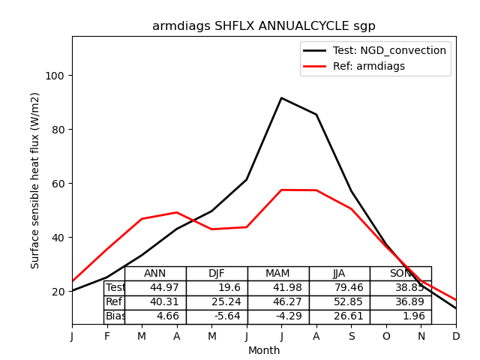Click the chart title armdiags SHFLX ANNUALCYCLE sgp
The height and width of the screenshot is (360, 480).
pos(264,26)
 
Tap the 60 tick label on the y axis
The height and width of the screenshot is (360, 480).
pos(58,184)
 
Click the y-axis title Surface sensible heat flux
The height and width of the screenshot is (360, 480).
pos(35,180)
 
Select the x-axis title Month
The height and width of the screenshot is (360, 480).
pos(264,350)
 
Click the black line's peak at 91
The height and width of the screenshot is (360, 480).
pos(281,98)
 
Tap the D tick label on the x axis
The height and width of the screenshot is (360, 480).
pos(456,337)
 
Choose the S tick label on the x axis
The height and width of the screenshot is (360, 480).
pos(351,337)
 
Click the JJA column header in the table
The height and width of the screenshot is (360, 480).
pos(339,274)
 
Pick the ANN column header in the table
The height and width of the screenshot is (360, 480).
pos(155,274)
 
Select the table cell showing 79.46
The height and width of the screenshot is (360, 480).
pos(339,288)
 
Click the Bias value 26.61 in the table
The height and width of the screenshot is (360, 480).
pos(339,316)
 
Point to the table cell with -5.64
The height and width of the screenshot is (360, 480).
pos(217,316)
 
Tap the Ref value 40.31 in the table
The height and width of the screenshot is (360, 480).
pos(155,302)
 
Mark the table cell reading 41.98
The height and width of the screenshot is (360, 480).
pos(278,288)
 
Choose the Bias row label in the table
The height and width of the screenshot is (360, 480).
pos(115,316)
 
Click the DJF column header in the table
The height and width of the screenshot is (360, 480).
pos(217,274)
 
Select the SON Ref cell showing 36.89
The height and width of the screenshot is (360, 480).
pos(400,302)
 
